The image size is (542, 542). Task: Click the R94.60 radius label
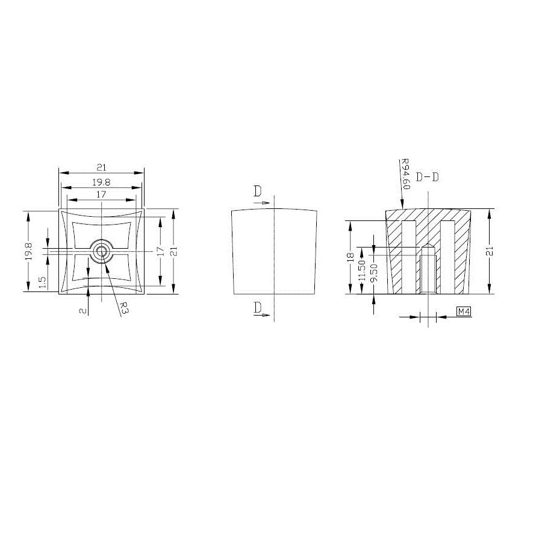(x=405, y=174)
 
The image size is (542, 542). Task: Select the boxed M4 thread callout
(x=464, y=311)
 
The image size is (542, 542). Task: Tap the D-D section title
(x=427, y=177)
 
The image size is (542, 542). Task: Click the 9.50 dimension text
(x=373, y=273)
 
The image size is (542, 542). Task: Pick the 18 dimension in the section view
(x=350, y=257)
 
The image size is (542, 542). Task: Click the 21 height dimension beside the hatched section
(x=490, y=251)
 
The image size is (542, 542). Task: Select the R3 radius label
(x=125, y=307)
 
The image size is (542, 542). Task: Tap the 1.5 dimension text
(x=42, y=282)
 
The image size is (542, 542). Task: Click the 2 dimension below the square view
(x=83, y=311)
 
